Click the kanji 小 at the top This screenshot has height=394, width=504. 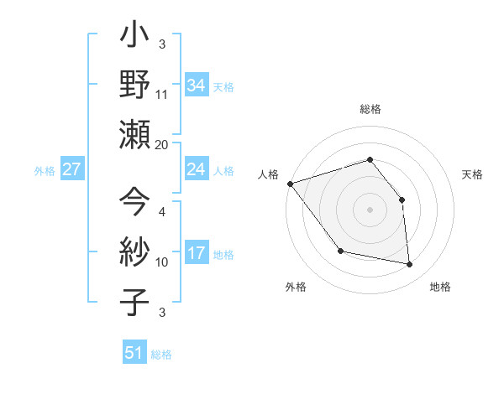(135, 38)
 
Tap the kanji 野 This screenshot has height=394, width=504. (135, 86)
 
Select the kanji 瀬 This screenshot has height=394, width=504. (135, 135)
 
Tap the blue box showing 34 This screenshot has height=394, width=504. (197, 86)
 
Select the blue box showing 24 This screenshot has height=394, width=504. (197, 169)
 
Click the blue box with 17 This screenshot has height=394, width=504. (197, 253)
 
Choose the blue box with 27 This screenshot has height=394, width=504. (72, 169)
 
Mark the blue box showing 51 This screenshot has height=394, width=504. (134, 353)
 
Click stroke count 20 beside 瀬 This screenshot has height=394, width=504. (162, 144)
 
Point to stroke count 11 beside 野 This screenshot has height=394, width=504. (162, 95)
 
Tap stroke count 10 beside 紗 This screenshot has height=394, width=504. (162, 262)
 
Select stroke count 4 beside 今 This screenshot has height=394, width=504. (162, 212)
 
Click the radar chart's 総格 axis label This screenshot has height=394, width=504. (370, 110)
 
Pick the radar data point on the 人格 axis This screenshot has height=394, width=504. (290, 184)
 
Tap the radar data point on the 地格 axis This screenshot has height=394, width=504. (410, 265)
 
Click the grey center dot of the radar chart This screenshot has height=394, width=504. (370, 209)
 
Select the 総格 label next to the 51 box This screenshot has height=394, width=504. (161, 355)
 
